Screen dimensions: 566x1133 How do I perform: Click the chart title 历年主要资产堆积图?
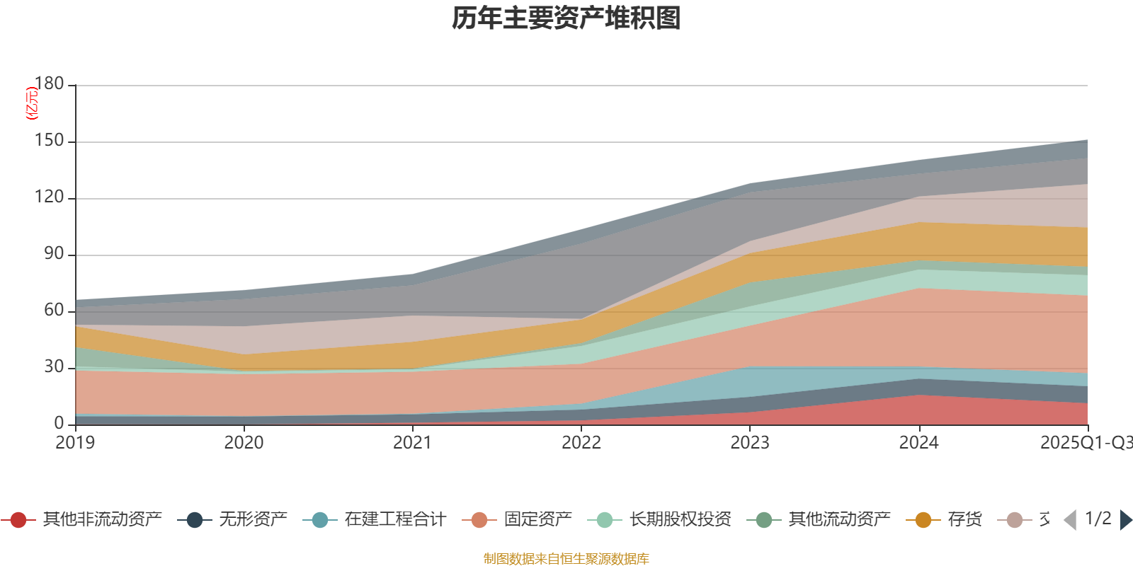point(566,18)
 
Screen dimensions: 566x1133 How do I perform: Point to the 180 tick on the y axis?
point(49,83)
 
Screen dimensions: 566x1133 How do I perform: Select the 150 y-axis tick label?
point(49,141)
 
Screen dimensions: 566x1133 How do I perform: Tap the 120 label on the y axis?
point(49,197)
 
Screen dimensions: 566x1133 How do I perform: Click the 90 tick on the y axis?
point(54,254)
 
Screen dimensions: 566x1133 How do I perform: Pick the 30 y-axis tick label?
point(54,366)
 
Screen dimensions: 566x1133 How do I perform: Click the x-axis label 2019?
point(75,443)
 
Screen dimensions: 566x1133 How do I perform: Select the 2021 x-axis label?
point(412,443)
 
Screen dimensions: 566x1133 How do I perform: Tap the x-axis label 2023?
point(750,443)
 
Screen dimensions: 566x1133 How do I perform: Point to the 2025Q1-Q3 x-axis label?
point(1086,443)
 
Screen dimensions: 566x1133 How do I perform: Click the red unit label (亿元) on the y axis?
point(31,103)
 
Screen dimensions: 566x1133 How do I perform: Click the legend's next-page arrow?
point(1125,520)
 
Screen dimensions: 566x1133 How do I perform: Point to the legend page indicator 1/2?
point(1098,519)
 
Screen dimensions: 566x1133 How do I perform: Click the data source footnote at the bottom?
point(566,559)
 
